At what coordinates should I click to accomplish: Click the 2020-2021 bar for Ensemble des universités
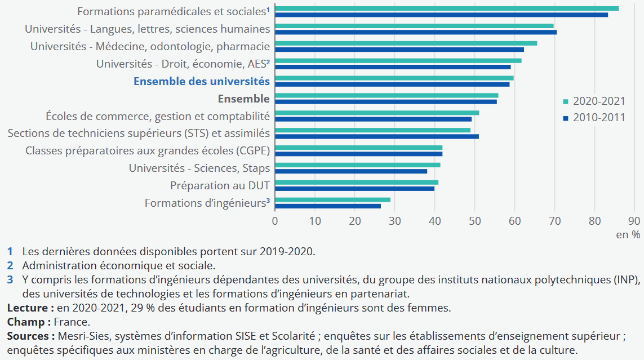tap(394, 78)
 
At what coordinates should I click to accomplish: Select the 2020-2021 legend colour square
tap(565, 101)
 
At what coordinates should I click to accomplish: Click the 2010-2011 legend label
tap(599, 118)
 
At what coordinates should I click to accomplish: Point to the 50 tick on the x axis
tap(475, 220)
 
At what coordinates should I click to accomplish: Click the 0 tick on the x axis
tap(275, 220)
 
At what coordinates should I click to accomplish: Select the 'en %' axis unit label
tap(628, 235)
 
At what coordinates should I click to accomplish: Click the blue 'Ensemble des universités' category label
tap(201, 81)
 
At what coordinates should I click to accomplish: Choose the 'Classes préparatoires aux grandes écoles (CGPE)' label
tap(148, 150)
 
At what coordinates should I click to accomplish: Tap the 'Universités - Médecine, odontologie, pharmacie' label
tap(150, 46)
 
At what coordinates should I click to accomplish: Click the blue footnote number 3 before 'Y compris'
tap(10, 279)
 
